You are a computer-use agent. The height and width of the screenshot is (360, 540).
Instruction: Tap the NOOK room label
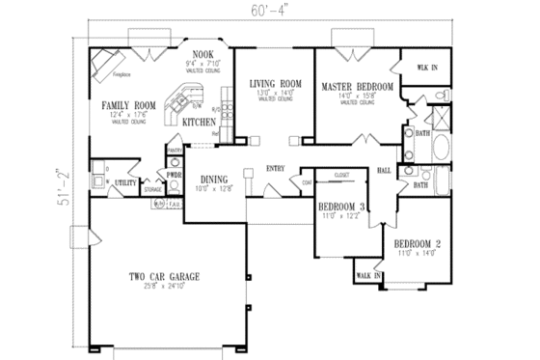coord(202,54)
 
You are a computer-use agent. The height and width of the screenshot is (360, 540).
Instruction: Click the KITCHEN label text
coord(198,124)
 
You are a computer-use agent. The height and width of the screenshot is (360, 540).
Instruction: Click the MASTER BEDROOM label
coord(351,86)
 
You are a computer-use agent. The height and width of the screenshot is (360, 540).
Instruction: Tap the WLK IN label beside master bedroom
coord(425,68)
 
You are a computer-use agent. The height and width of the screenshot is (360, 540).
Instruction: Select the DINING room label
coord(214,179)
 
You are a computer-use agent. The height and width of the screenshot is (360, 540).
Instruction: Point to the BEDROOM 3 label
coord(342,208)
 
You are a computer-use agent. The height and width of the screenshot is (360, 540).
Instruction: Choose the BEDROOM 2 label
coord(417,244)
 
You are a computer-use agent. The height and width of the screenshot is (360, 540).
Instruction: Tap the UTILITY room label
coord(123,180)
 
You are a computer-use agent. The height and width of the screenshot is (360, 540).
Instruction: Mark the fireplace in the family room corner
coord(103,64)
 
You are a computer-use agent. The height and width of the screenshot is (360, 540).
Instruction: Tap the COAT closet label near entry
coord(307,180)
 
